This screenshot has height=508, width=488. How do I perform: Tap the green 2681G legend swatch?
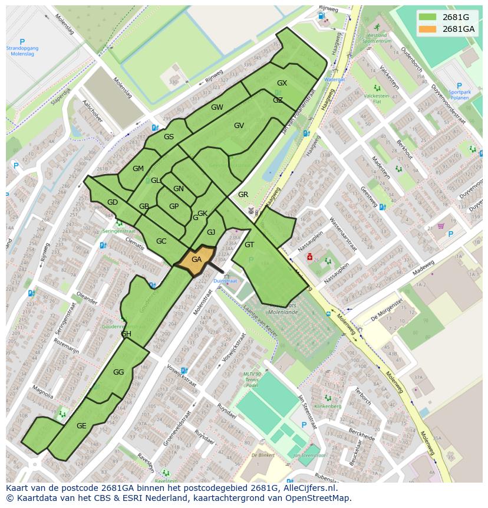pos(427,17)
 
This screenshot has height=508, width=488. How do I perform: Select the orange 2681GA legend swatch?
pos(427,29)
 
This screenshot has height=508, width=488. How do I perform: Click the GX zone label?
pos(282,83)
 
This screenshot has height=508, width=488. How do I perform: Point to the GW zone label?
pos(217,107)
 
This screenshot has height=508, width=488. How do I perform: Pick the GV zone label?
pos(239,126)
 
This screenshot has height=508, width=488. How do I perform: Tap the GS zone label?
pos(169,137)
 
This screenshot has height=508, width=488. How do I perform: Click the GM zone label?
pos(138,169)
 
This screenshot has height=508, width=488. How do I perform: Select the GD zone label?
pos(113,202)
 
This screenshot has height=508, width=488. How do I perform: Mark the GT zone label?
pos(249,245)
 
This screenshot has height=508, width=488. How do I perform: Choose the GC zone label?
pos(161,241)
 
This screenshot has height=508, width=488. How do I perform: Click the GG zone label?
pos(118,372)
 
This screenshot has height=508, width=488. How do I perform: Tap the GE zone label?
pos(81,426)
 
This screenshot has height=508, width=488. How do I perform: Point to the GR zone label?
pos(243,195)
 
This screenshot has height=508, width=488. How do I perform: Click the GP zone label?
pos(174,207)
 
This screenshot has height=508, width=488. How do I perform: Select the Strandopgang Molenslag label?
pos(22,51)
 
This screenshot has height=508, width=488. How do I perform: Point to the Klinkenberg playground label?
pos(328,407)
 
